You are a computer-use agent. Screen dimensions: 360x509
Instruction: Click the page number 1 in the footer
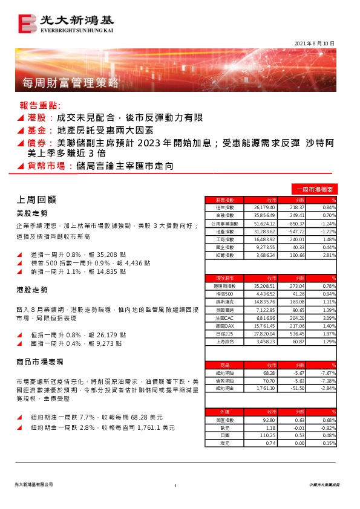(x=175, y=486)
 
